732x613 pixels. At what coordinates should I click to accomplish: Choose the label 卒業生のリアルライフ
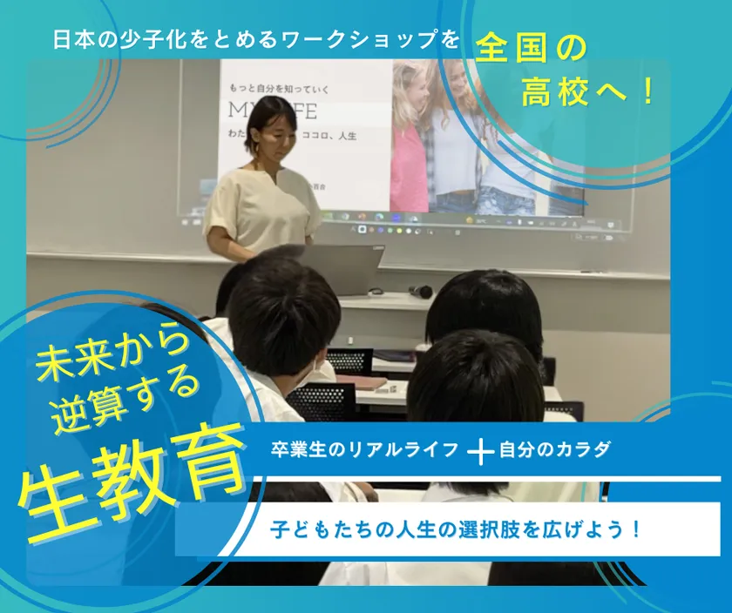(363, 450)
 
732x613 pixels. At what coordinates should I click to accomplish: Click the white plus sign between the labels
(480, 451)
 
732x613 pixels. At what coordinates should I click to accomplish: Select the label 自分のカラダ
(555, 450)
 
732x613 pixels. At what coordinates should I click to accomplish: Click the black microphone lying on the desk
(422, 291)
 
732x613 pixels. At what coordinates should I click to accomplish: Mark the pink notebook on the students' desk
(365, 382)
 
